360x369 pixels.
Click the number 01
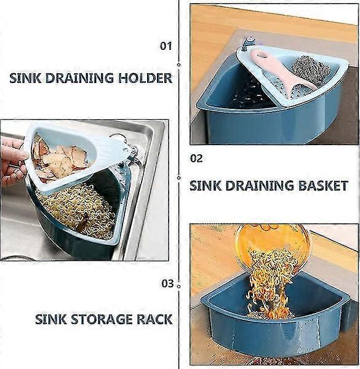coord(166,46)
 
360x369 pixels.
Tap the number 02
coord(196,159)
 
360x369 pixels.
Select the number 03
coord(167,284)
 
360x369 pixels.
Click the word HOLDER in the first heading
coord(145,78)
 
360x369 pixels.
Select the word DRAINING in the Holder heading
coord(79,78)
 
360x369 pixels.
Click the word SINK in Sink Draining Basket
coord(206,186)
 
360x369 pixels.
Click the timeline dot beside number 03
coord(178,287)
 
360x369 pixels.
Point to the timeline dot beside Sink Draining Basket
coord(178,178)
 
